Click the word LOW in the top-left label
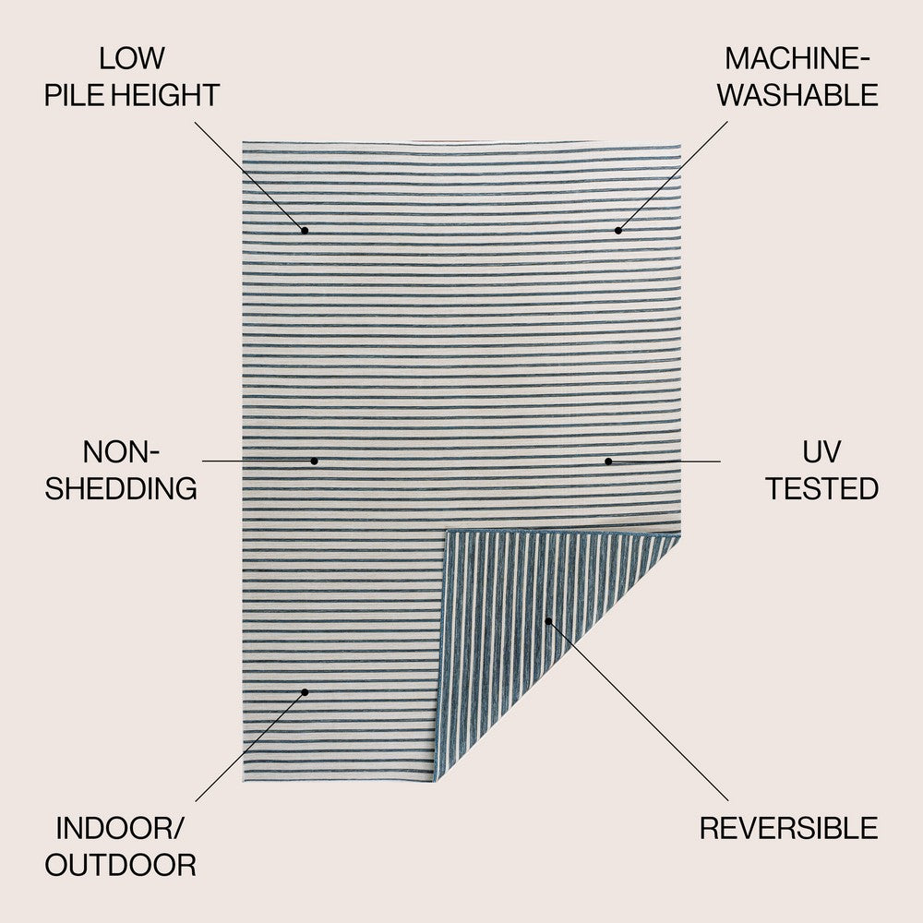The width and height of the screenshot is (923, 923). tap(132, 59)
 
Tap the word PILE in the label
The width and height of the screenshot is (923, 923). tap(74, 95)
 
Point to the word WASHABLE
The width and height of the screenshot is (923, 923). tap(798, 95)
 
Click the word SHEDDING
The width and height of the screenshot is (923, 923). tap(121, 488)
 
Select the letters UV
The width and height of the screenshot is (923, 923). tap(821, 452)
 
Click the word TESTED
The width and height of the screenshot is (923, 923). tap(821, 488)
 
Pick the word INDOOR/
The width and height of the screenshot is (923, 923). tap(121, 828)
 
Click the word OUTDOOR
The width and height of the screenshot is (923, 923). tap(121, 865)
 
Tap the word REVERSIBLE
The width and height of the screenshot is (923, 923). tap(788, 828)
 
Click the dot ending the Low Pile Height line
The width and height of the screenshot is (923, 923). tap(305, 230)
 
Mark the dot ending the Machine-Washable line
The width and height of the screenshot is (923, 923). tap(618, 230)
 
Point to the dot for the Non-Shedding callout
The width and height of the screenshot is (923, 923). tap(314, 461)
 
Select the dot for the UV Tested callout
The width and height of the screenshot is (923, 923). tap(608, 461)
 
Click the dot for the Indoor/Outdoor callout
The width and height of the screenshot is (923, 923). tap(305, 691)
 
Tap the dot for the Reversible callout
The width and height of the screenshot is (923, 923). tap(547, 621)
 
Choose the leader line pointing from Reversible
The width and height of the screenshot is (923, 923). tap(637, 711)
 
